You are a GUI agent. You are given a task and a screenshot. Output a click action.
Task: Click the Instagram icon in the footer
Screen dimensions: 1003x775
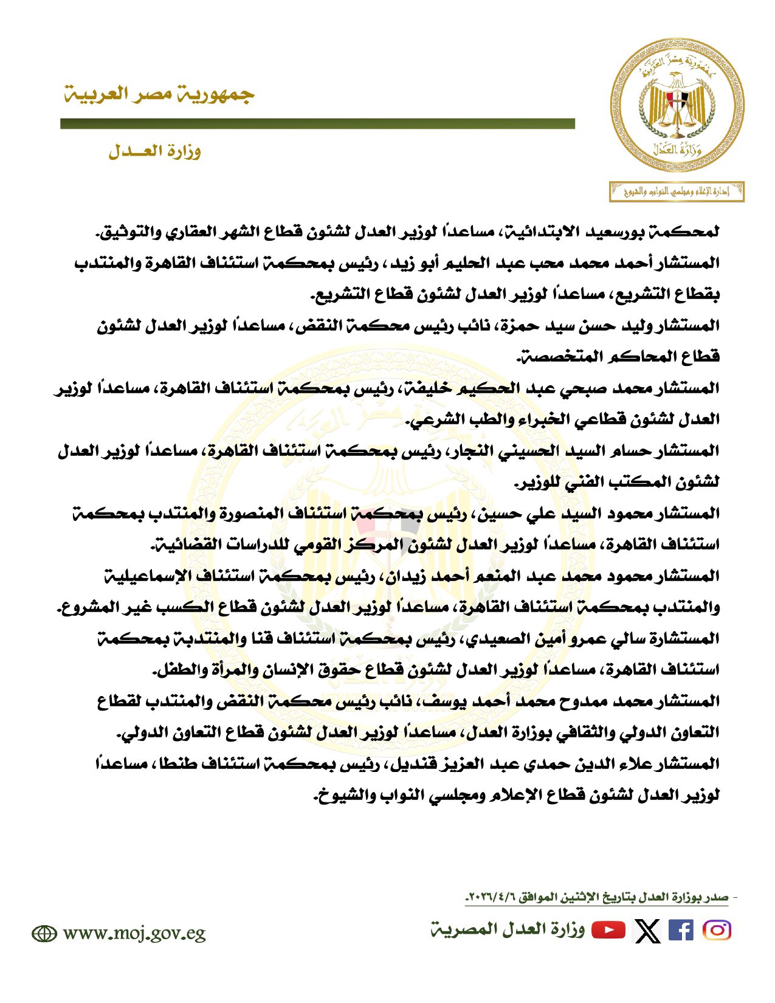coord(717,931)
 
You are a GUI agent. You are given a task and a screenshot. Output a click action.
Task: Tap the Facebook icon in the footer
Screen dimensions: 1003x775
coord(680,931)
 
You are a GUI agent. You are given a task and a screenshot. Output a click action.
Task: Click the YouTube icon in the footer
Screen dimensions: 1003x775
coord(608,931)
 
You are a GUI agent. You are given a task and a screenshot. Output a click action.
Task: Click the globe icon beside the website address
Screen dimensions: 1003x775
coord(44,934)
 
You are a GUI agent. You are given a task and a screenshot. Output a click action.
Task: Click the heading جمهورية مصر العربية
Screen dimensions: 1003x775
coord(159,95)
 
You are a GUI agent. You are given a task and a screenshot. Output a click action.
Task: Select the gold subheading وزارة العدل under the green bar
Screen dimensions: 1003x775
coord(154,151)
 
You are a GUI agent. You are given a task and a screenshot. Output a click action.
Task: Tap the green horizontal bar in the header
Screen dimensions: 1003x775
coord(317,124)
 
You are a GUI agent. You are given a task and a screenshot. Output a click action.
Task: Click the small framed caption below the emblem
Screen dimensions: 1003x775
coord(677,192)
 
